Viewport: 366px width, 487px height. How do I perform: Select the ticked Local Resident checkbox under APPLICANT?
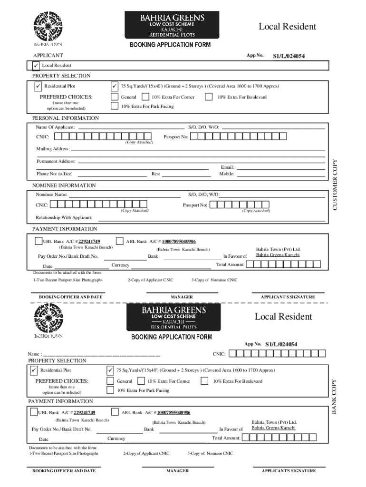[36, 65]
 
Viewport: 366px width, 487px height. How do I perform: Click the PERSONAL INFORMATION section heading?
[66, 118]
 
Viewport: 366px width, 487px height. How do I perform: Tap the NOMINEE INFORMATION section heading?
[64, 185]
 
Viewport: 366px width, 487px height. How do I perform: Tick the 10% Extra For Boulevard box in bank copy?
[204, 381]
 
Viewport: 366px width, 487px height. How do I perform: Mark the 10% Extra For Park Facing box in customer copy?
[114, 106]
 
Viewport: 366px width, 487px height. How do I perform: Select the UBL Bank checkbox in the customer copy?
[39, 241]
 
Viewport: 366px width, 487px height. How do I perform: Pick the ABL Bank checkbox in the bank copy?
[115, 412]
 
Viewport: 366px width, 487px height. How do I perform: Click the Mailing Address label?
[53, 149]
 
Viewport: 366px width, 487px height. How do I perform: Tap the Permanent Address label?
[56, 162]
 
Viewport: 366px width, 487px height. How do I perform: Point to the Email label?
[227, 167]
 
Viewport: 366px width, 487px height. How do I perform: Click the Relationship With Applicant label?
[64, 218]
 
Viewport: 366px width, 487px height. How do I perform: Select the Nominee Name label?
[51, 195]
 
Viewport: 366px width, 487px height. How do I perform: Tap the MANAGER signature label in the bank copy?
[177, 471]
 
